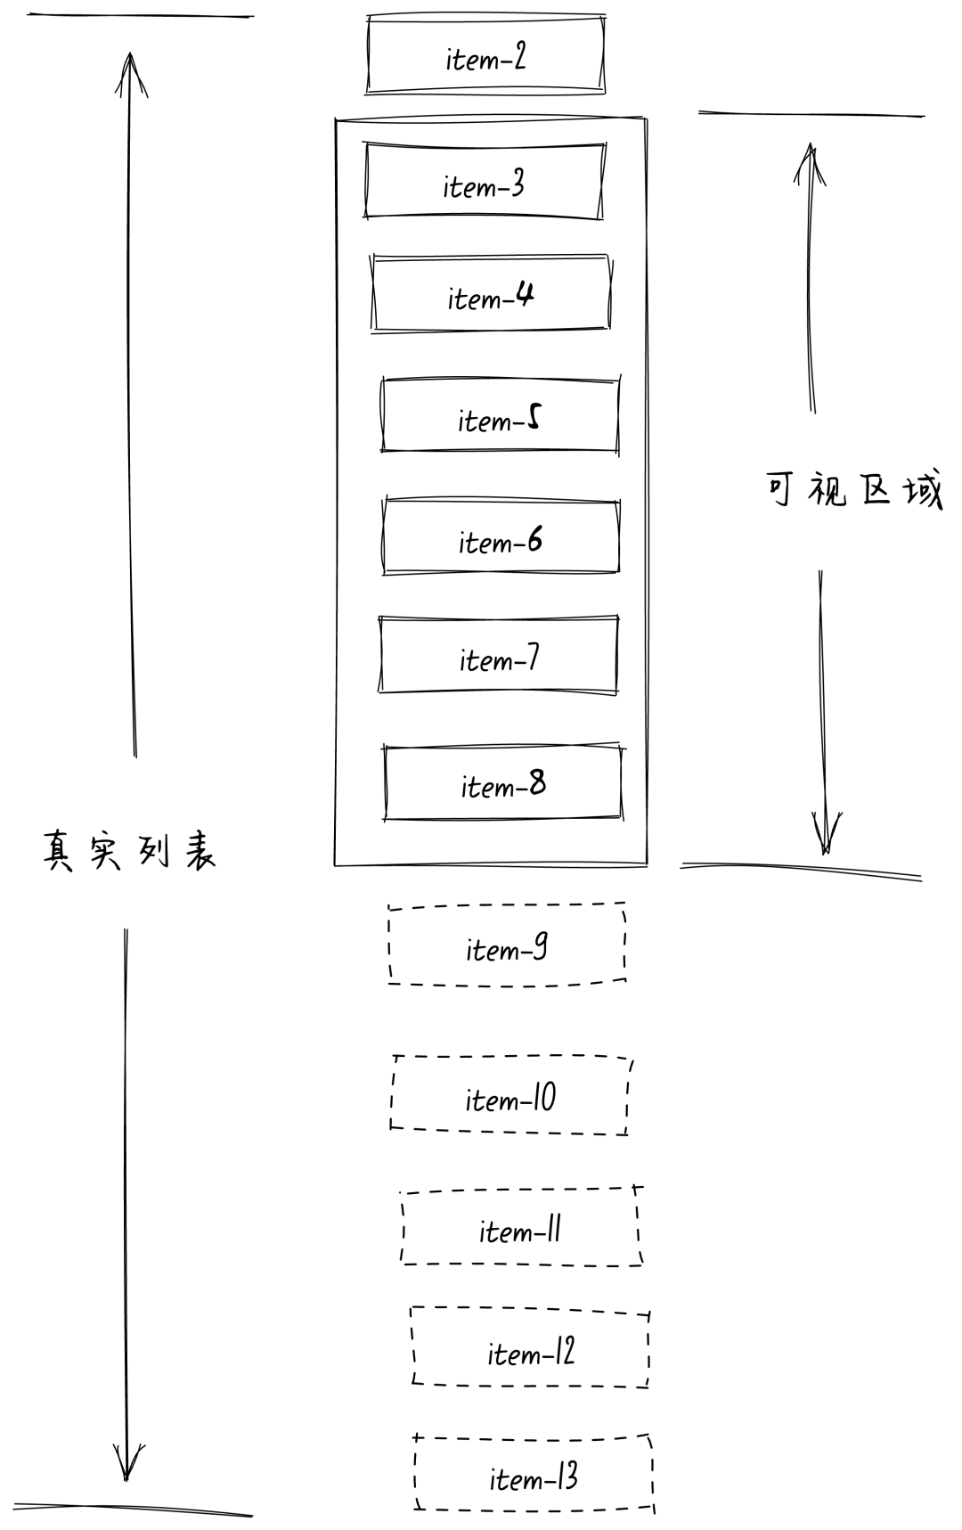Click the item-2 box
[485, 55]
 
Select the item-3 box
[484, 182]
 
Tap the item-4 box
[491, 294]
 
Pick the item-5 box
[500, 416]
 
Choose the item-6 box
[501, 537]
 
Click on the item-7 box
[498, 655]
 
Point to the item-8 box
[503, 782]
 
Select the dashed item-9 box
[507, 945]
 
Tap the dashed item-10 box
[510, 1096]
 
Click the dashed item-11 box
[521, 1227]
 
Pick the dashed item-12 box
[531, 1349]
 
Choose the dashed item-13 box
[534, 1475]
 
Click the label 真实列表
[130, 851]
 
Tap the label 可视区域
[853, 489]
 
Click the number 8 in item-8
[537, 782]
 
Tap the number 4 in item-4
[525, 293]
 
